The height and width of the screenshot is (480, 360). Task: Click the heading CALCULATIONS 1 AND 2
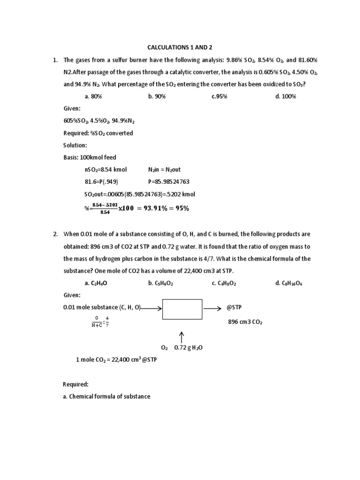tap(180, 47)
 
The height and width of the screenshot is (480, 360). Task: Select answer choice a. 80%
tap(93, 96)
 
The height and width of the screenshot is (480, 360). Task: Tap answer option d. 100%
tap(286, 96)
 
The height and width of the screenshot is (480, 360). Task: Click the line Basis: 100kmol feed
tap(90, 157)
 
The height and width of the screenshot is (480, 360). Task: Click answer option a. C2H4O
tap(97, 283)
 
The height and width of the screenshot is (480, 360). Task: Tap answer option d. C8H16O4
tap(289, 283)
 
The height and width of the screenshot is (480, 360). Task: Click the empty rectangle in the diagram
tap(182, 309)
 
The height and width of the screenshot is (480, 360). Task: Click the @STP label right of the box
tap(235, 308)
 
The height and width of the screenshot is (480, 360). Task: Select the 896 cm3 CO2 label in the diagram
tap(246, 322)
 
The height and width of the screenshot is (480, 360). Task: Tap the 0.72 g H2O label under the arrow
tap(189, 348)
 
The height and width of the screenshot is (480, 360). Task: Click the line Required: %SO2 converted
tap(98, 133)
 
